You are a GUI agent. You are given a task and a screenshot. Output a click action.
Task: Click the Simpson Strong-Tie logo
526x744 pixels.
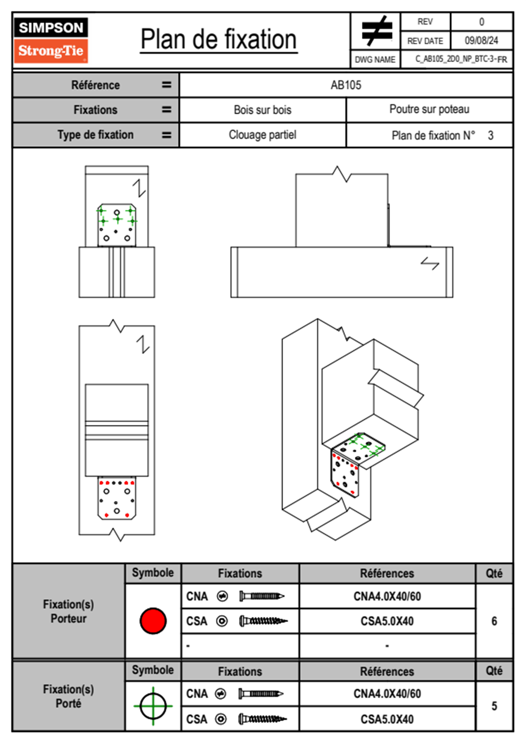point(51,40)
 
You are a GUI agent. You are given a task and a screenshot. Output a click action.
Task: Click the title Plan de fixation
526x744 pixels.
point(218,39)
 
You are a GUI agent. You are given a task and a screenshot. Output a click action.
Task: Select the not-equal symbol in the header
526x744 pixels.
point(376,31)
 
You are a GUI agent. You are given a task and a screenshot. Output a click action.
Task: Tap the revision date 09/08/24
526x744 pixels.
point(481,41)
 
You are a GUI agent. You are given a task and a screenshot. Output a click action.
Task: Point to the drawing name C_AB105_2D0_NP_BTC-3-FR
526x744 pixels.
point(461,59)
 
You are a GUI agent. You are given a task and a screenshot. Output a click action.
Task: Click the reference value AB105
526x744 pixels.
point(346,85)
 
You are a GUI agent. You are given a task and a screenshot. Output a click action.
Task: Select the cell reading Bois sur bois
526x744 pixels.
point(263,110)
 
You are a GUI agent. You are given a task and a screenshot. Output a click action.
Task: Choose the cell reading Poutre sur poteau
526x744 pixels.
point(429,109)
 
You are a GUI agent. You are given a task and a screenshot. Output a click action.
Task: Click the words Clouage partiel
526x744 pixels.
point(263,135)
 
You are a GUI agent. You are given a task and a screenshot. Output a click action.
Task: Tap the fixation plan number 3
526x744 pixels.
point(490,135)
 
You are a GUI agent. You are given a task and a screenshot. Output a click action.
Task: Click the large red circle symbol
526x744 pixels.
point(153,621)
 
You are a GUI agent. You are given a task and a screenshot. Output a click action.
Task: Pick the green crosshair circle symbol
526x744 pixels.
point(153,706)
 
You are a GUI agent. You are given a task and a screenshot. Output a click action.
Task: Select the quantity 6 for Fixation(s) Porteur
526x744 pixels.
point(494,621)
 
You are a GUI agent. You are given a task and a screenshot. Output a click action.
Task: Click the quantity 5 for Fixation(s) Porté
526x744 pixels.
point(494,706)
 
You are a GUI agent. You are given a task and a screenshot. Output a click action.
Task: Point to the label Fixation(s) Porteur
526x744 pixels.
point(69,611)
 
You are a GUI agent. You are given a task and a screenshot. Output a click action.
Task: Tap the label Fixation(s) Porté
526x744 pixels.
point(69,696)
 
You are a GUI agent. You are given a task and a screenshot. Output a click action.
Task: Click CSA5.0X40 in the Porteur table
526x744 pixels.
point(387,621)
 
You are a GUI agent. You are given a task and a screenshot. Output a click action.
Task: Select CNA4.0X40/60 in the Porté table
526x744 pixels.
point(387,694)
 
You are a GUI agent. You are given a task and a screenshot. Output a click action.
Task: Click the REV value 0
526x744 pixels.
point(481,22)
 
